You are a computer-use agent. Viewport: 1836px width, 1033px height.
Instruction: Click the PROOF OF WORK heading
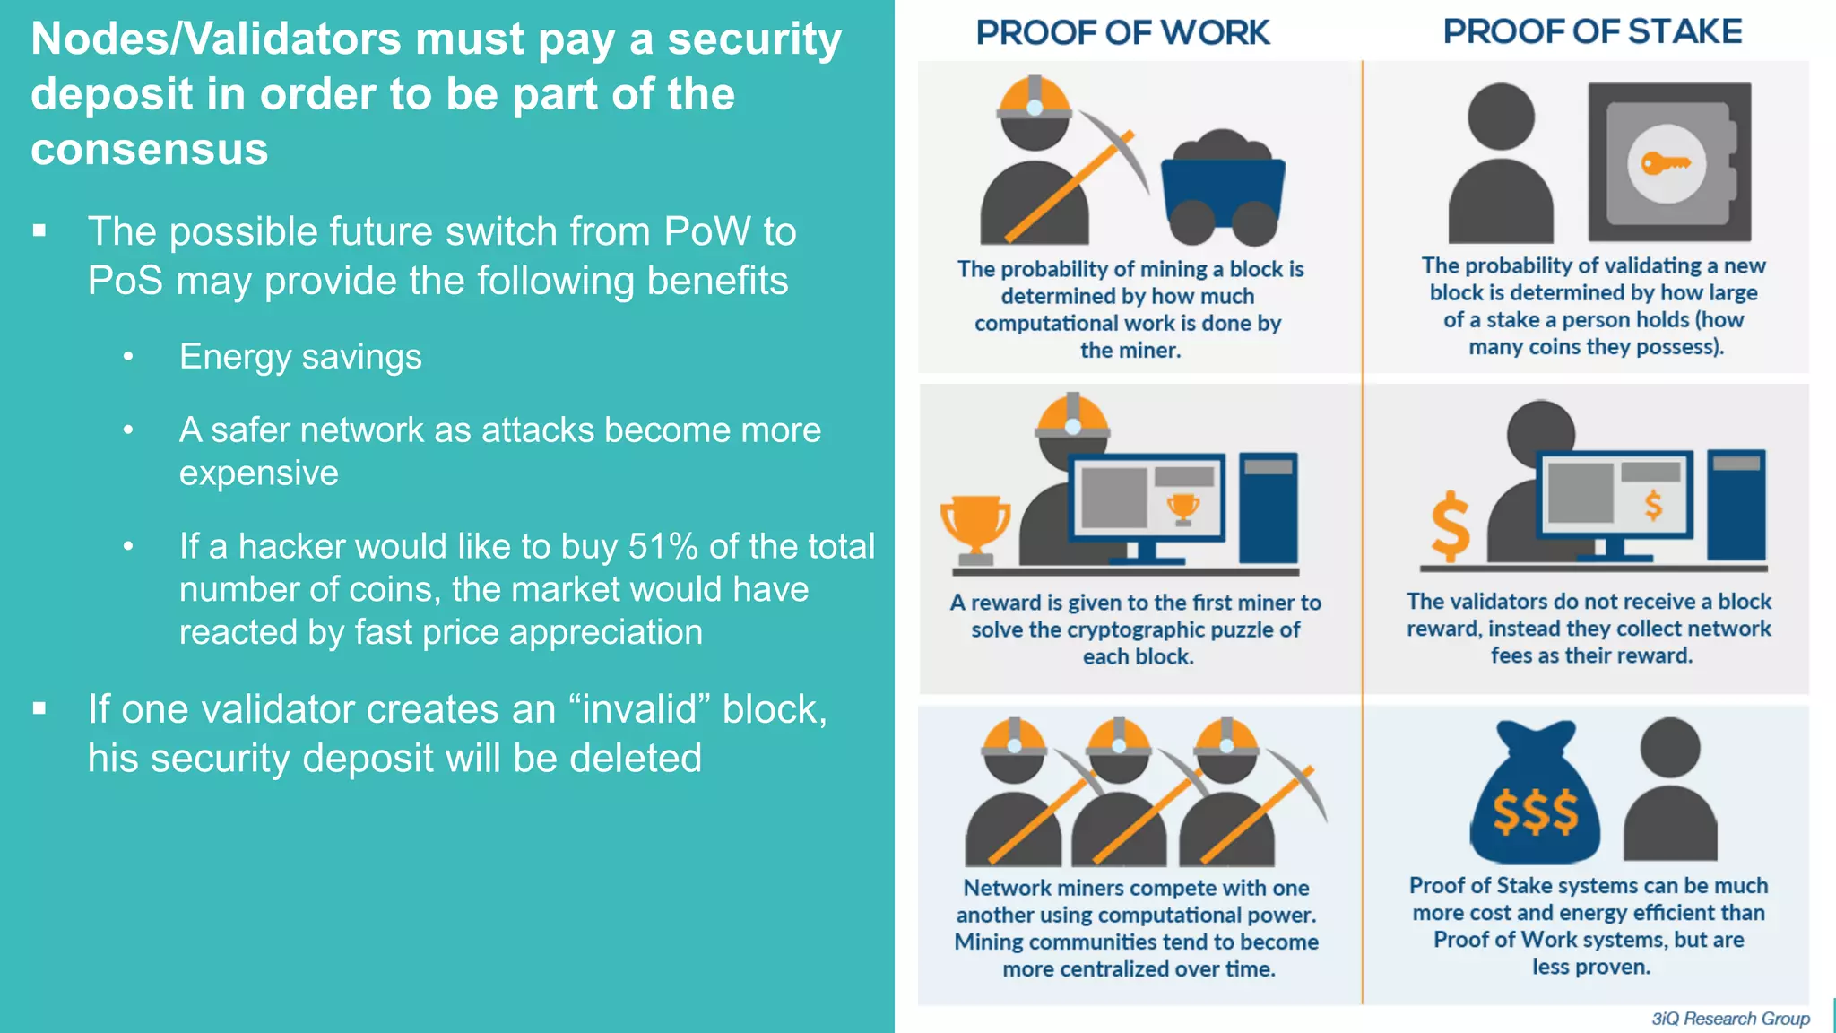point(1122,33)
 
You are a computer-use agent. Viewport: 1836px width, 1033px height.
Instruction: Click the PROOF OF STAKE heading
point(1592,32)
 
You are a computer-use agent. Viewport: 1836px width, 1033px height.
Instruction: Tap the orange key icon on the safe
point(1666,163)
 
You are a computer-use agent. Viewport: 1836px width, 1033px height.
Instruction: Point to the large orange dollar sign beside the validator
point(1450,525)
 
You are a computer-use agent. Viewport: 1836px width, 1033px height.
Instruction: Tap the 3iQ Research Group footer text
point(1730,1019)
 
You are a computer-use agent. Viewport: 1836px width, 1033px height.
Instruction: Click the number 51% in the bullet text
point(663,546)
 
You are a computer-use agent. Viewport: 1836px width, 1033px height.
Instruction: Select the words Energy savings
point(300,357)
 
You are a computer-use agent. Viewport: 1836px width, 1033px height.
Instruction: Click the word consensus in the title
point(150,149)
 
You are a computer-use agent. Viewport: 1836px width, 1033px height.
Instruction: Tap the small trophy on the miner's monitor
point(1182,508)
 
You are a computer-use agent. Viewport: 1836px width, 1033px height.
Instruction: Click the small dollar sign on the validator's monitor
point(1653,505)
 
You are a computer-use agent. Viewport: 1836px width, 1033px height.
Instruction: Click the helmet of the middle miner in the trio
point(1118,737)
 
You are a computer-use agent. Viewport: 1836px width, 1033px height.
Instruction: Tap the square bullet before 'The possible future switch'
point(39,230)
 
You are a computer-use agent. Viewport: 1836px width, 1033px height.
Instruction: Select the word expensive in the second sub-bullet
point(259,473)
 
